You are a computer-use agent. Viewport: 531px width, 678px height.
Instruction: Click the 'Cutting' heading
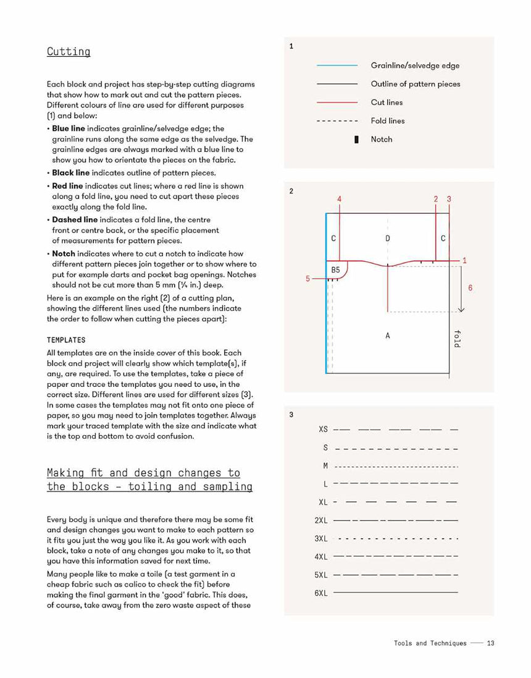click(69, 52)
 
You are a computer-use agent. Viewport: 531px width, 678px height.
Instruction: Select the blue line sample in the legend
click(337, 66)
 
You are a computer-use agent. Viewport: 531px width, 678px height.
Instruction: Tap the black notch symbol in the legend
click(356, 140)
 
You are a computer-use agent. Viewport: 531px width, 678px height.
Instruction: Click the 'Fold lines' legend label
click(388, 121)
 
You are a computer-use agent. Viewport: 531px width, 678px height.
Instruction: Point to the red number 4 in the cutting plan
click(340, 199)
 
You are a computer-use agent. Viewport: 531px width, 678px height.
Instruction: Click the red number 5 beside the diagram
click(307, 279)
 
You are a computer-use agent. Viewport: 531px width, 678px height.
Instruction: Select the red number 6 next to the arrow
click(470, 288)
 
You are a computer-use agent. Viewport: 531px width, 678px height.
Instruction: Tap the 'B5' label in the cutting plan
click(336, 269)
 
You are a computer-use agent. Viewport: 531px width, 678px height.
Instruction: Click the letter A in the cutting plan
click(388, 336)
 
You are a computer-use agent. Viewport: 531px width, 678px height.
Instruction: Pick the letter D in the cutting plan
click(388, 238)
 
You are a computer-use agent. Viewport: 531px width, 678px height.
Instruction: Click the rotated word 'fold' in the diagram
click(457, 338)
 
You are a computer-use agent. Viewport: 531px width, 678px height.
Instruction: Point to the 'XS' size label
click(324, 429)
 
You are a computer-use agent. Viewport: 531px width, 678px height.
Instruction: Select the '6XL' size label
click(321, 593)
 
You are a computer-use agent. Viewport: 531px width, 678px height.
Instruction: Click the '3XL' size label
click(321, 538)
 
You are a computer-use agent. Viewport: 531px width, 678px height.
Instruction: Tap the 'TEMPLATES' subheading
click(66, 340)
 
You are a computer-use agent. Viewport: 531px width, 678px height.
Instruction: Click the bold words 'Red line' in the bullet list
click(67, 186)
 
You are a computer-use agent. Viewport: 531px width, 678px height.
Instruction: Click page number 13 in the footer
click(490, 643)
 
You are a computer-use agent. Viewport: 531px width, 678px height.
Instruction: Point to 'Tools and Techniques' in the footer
click(430, 643)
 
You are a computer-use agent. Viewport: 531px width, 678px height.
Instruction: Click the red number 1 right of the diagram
click(464, 261)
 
